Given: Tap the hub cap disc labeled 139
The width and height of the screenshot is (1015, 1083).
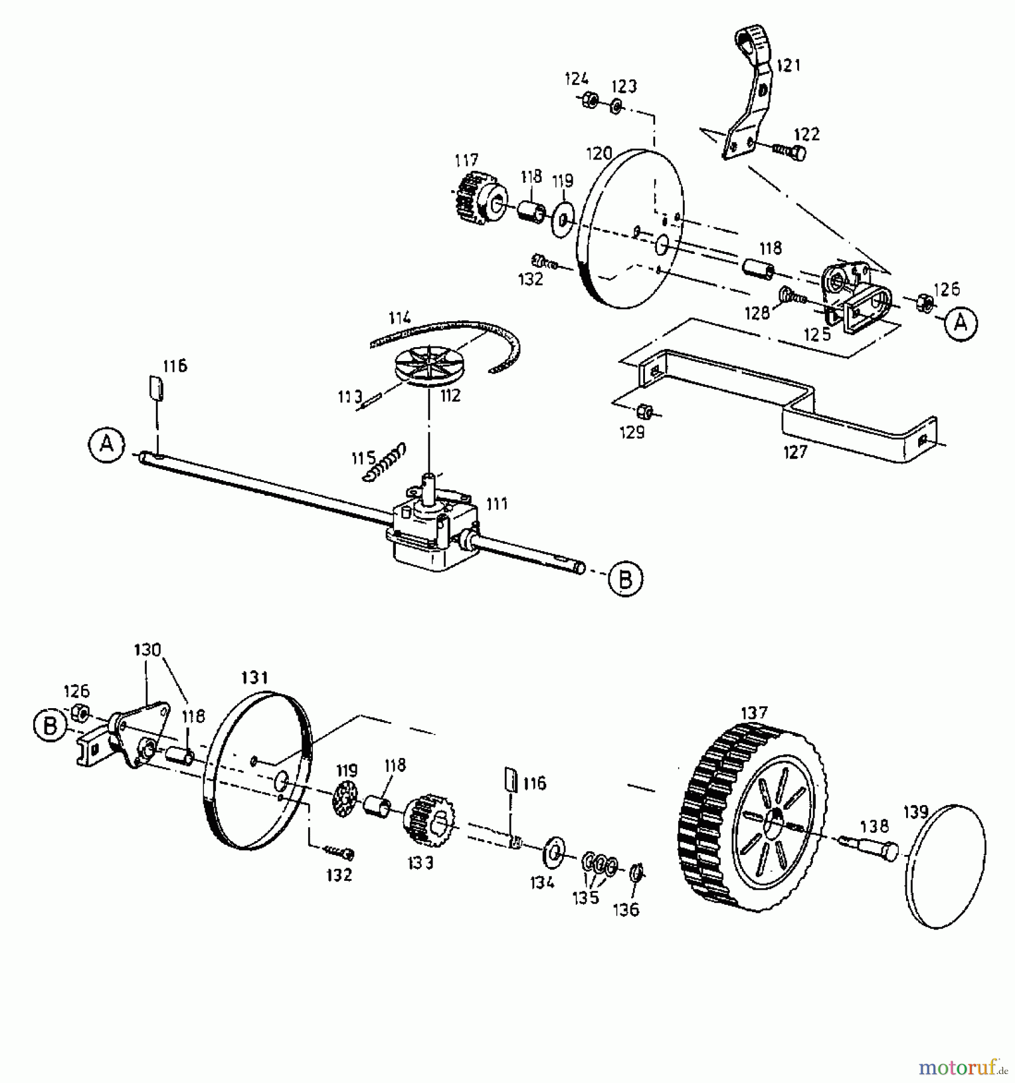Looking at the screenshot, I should point(945,866).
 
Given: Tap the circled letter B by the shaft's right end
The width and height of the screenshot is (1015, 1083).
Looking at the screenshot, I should point(625,578).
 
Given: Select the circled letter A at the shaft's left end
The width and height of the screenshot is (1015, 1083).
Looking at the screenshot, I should point(106,445).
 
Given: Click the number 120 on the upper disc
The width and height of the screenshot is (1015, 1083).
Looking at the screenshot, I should point(599,153).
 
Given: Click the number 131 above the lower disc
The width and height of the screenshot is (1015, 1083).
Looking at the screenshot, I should point(254,677).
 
